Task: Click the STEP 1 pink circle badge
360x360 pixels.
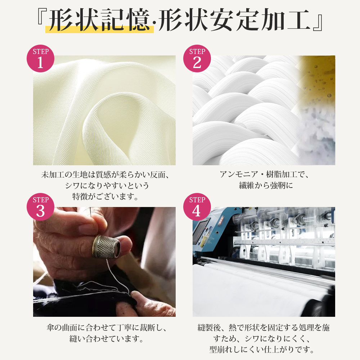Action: tap(40, 58)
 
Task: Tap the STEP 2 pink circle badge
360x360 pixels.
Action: tap(197, 58)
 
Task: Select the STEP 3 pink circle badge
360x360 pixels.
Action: tap(40, 207)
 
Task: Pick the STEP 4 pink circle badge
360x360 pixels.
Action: tap(197, 207)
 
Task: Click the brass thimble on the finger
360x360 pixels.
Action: tap(106, 247)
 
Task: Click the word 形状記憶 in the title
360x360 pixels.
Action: tap(99, 20)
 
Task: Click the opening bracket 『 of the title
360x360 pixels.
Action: tap(42, 17)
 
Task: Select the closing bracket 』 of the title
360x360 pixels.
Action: tap(318, 23)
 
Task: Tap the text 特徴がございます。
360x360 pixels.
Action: tap(105, 197)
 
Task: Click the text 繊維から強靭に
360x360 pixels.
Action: tap(266, 185)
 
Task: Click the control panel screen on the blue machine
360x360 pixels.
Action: tap(199, 230)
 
